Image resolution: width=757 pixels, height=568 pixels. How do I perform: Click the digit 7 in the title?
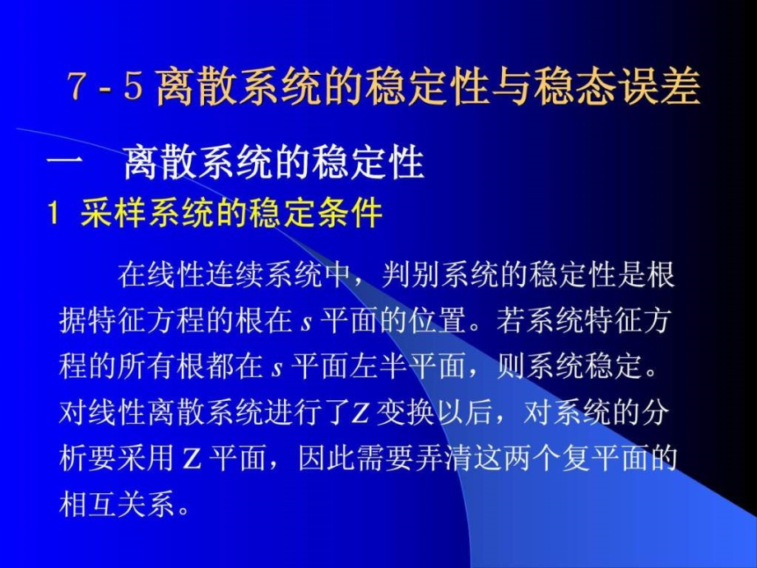77,86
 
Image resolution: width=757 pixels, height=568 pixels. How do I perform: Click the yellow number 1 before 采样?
53,212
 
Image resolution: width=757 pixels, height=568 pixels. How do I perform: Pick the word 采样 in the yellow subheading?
113,212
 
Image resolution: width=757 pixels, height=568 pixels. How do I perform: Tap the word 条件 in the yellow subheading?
350,212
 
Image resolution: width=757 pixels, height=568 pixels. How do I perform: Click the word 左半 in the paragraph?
379,367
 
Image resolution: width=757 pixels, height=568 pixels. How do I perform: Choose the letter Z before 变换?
360,414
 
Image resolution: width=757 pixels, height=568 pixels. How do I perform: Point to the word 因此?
327,458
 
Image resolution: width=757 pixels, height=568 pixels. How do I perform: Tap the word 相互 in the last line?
88,504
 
